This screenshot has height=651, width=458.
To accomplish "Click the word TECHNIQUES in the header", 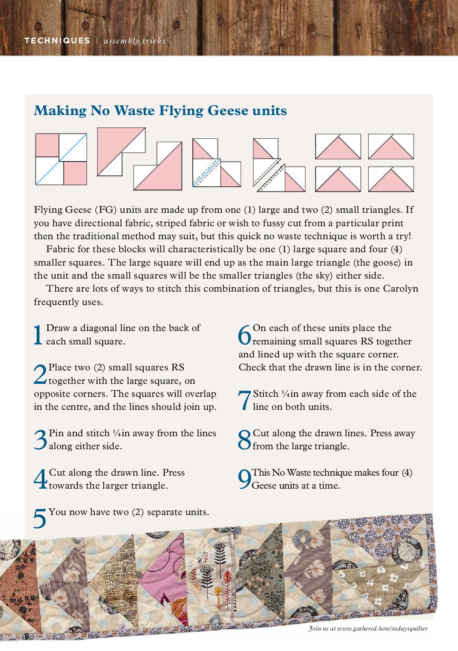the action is coord(57,41).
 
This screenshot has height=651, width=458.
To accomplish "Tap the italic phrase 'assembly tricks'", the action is coord(135,41).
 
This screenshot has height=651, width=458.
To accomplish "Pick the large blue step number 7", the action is coord(244,400).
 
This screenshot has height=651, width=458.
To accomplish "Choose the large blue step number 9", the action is coord(244,480).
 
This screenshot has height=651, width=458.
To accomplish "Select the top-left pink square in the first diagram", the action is coord(47,145).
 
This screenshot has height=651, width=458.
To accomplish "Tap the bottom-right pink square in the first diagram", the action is coord(75,173).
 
